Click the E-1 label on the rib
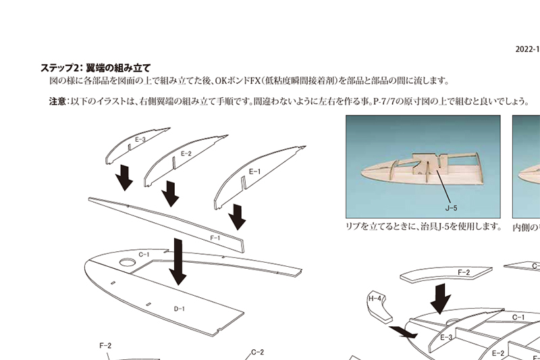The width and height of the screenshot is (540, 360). click(x=255, y=172)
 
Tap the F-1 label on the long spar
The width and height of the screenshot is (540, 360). click(x=215, y=238)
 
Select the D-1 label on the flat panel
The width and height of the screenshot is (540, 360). click(x=179, y=309)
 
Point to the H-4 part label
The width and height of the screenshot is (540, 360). click(x=375, y=299)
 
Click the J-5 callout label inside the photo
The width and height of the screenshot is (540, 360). click(x=451, y=208)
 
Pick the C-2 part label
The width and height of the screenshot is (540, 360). click(x=258, y=352)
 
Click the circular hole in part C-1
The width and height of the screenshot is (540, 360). click(x=128, y=263)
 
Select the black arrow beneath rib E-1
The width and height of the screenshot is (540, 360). click(x=238, y=217)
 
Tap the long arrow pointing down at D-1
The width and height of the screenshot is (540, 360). click(x=178, y=262)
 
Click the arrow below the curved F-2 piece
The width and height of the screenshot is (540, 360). click(x=441, y=299)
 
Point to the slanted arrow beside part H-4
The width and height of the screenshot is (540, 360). click(x=403, y=332)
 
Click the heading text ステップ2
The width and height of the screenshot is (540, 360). click(x=58, y=68)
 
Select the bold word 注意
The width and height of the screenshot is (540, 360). click(x=57, y=101)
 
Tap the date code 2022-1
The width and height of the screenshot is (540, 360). click(x=528, y=49)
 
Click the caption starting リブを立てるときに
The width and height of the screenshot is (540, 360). click(x=423, y=227)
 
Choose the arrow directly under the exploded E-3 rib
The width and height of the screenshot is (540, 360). click(x=124, y=178)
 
